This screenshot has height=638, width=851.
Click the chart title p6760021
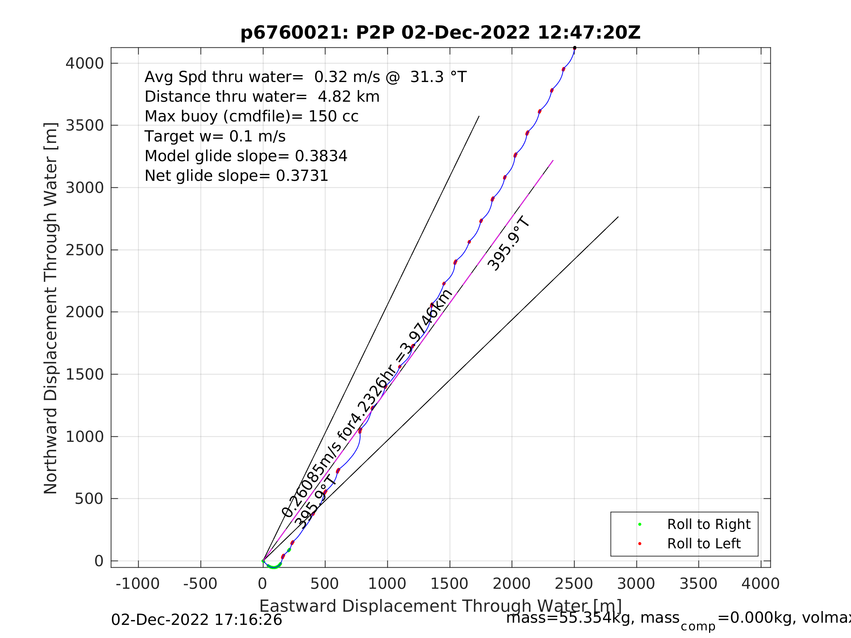440,33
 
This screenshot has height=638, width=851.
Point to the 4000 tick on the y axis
85,63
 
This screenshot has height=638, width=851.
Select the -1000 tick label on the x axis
138,584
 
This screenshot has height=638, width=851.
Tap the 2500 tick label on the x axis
574,584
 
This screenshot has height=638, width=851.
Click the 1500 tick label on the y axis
85,374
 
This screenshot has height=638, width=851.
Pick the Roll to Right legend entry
708,524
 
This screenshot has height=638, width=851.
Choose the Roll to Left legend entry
704,544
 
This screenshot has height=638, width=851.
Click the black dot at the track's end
575,48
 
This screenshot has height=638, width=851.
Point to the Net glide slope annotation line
236,176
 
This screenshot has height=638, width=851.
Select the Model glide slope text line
246,156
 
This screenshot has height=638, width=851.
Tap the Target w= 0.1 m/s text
215,136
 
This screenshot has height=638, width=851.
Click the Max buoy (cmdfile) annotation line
251,116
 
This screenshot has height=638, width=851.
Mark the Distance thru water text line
262,97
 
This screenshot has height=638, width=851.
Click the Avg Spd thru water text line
305,77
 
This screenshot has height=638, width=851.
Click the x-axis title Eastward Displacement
440,606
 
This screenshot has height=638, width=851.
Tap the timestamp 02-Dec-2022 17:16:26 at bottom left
196,620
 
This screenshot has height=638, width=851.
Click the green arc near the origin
273,567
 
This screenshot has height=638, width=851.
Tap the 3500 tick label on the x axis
698,584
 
